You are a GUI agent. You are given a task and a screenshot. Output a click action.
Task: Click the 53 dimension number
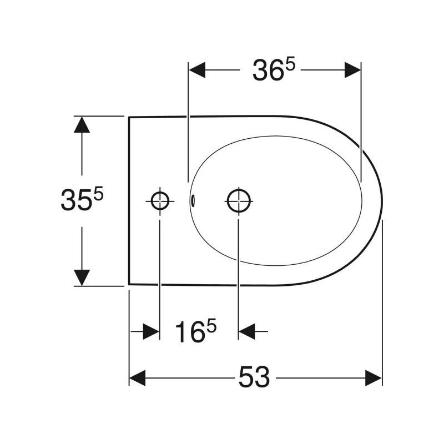point(254,377)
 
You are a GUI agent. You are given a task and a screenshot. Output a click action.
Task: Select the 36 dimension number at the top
point(268,70)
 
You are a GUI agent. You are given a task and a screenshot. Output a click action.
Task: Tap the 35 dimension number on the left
point(76,200)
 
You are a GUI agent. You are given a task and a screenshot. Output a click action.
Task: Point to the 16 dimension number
point(190,332)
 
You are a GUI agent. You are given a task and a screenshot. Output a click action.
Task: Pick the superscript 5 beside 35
point(98,195)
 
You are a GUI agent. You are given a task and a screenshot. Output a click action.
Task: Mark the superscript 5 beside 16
point(211,326)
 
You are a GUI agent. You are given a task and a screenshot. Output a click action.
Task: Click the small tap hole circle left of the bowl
point(160,201)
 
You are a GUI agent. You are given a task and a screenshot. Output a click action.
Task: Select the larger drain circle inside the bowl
point(239,201)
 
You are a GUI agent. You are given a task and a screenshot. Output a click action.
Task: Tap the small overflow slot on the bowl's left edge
point(193,200)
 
